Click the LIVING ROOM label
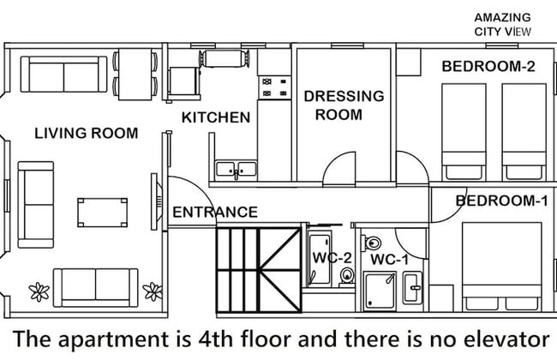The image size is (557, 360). pos(86,133)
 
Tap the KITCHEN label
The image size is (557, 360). pos(216,117)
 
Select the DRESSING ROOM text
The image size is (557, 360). pos(344,105)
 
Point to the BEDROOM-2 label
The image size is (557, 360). pos(482,66)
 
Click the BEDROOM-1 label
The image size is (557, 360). pos(501,201)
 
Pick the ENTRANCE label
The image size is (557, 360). pos(215,212)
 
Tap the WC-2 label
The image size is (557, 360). pos(331,257)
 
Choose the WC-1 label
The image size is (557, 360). pos(389,258)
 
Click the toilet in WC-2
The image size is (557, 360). pos(346,274)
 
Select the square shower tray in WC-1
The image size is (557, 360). pos(379,289)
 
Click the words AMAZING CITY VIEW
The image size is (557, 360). pos(502,24)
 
